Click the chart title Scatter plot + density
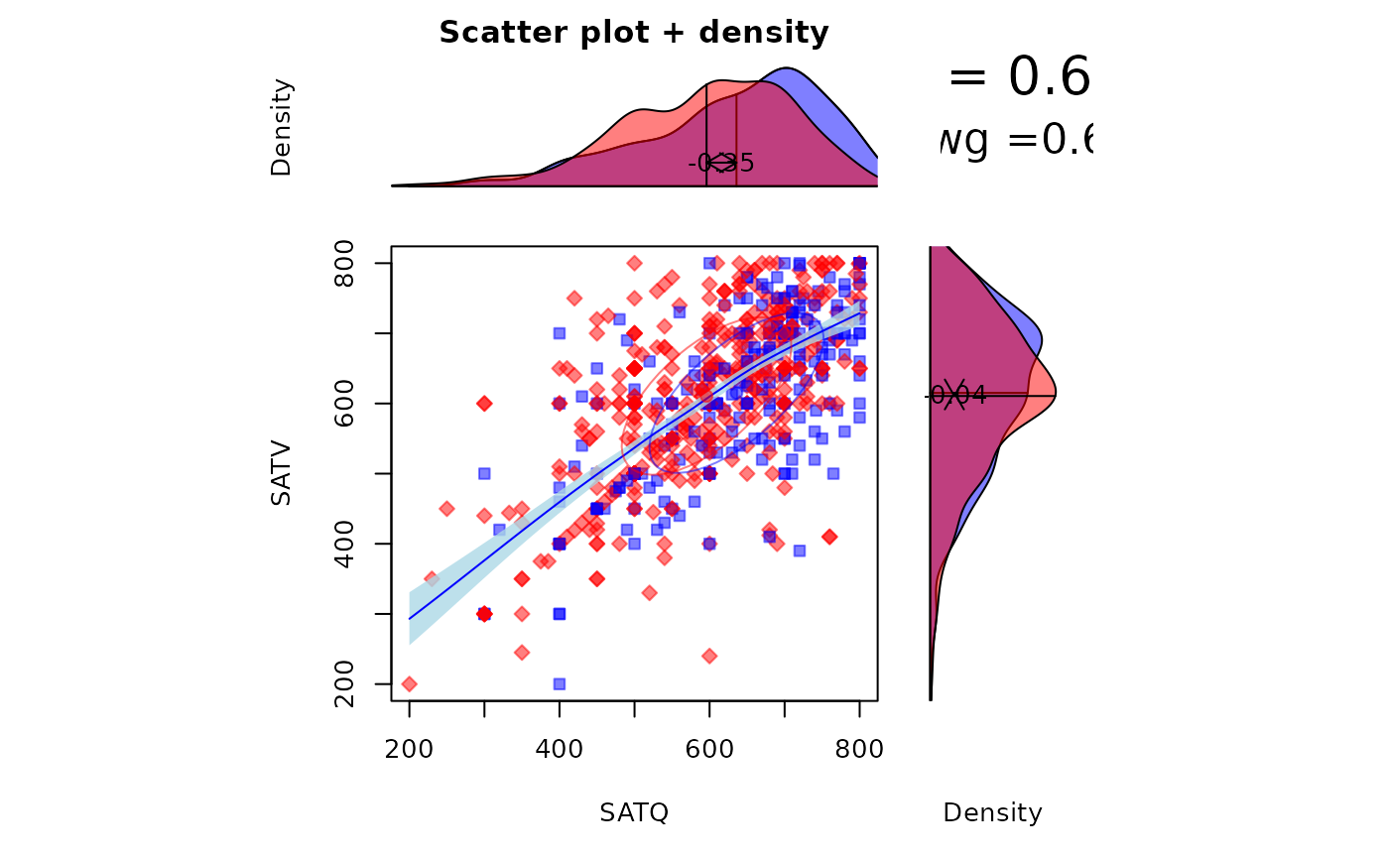pos(633,34)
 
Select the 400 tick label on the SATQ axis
pos(559,750)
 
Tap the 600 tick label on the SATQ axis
pos(709,750)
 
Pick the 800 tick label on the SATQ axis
pos(859,750)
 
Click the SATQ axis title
pos(634,813)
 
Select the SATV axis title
pos(282,473)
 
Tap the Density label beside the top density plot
pos(282,128)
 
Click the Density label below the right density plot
pos(992,813)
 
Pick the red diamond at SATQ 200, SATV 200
pos(409,683)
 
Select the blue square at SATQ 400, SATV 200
pos(559,683)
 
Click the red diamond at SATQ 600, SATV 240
pos(709,656)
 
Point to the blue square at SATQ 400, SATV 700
pos(559,333)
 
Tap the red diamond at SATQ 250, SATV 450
pos(446,509)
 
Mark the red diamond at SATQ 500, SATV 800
pos(634,263)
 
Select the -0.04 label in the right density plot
pos(956,396)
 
